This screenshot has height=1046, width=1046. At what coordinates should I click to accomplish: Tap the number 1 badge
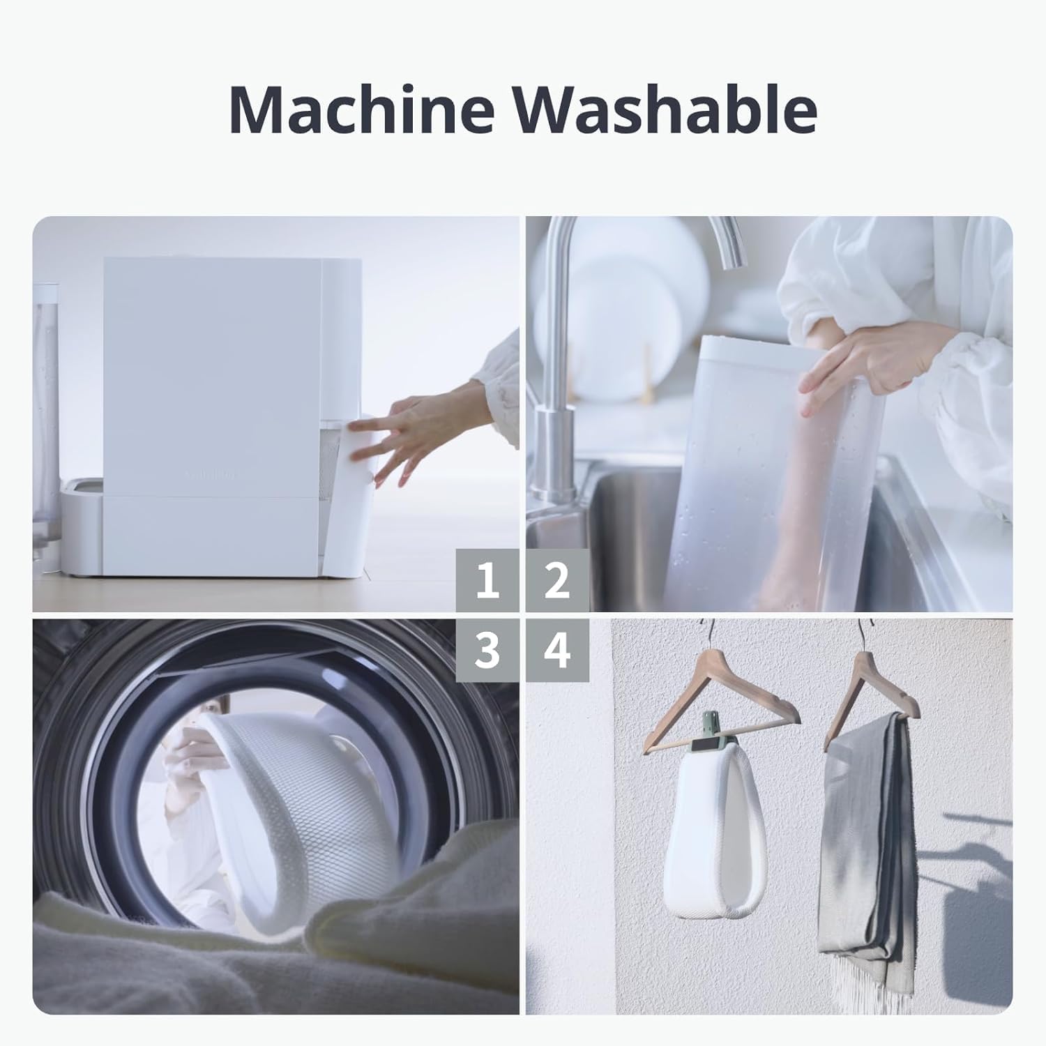coord(487,580)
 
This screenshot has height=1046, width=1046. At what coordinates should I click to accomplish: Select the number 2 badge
coord(557,580)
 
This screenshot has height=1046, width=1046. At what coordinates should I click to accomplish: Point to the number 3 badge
coord(487,650)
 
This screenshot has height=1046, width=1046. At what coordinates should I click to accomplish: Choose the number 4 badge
coord(557,650)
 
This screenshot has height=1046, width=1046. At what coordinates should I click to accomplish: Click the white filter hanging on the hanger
coord(716,830)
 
